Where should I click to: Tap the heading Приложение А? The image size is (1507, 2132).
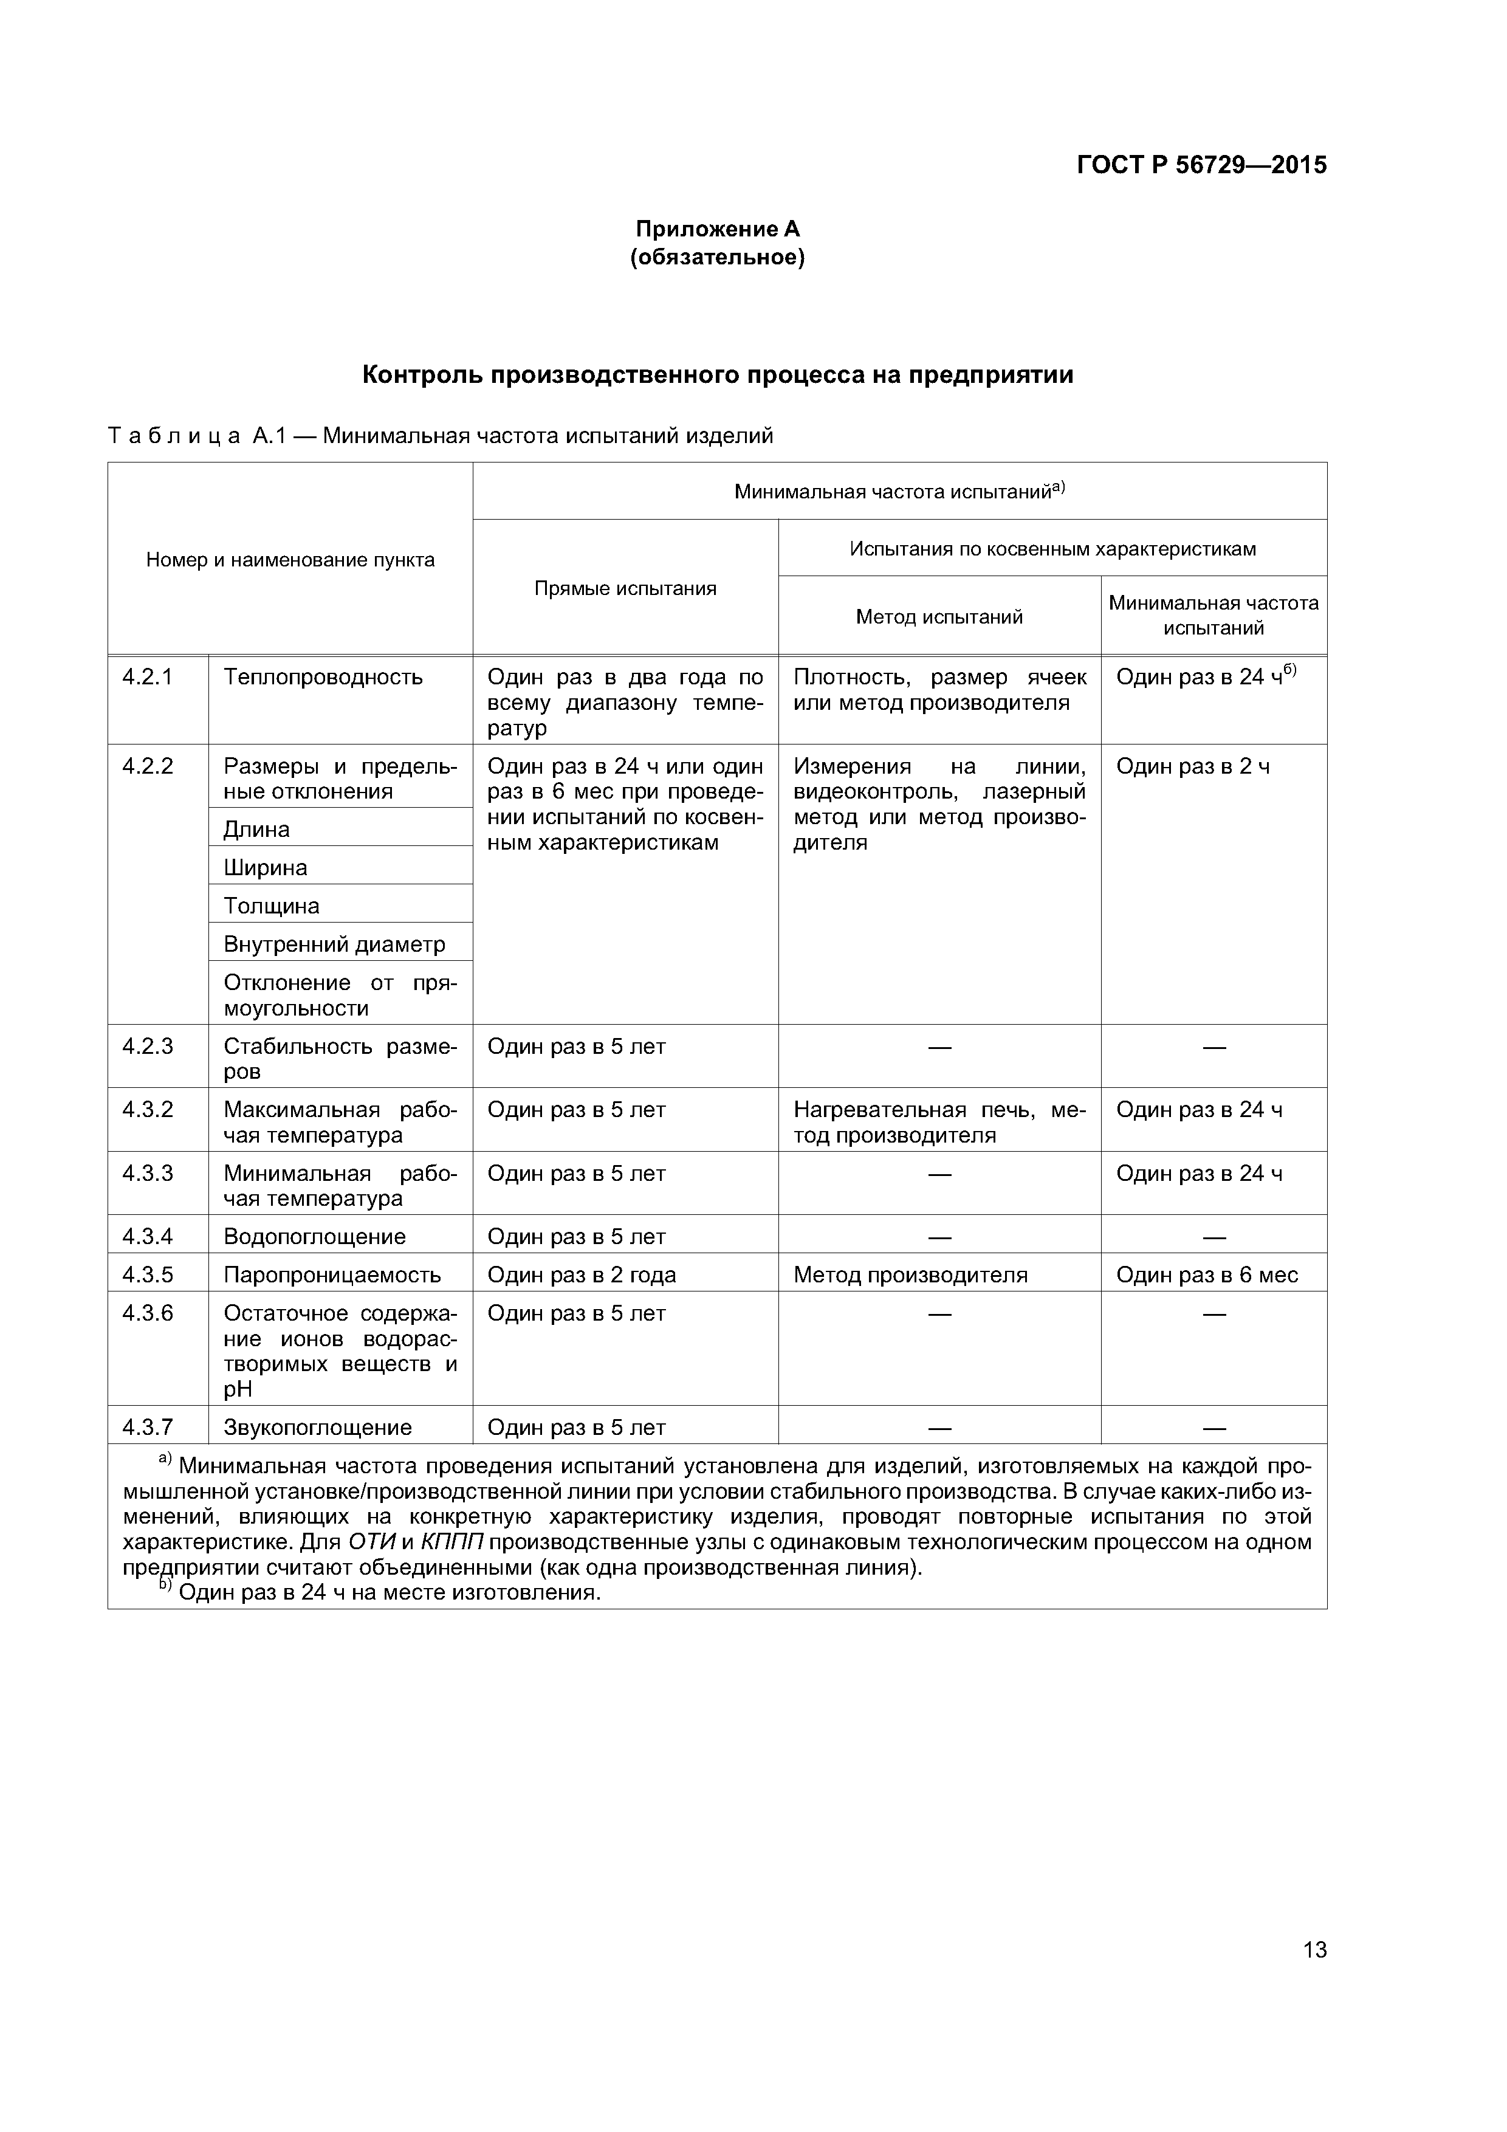point(717,229)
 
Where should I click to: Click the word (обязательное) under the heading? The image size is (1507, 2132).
point(717,257)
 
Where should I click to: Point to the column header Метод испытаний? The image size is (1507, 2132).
point(939,617)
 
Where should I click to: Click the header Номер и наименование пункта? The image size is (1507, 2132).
point(290,560)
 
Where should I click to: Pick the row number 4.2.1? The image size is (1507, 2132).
point(148,677)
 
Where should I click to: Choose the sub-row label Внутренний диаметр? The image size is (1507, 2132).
point(334,944)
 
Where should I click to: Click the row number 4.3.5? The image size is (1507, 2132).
point(148,1275)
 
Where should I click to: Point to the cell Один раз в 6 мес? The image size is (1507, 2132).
point(1206,1275)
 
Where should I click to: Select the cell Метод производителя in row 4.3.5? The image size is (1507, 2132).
point(910,1275)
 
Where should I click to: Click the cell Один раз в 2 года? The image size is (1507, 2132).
point(582,1275)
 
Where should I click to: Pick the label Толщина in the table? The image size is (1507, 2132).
point(271,906)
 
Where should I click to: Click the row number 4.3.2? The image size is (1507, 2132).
point(148,1110)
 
